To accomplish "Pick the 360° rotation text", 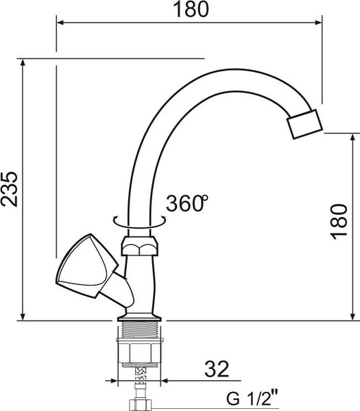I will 187,203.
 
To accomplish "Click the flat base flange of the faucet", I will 140,317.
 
